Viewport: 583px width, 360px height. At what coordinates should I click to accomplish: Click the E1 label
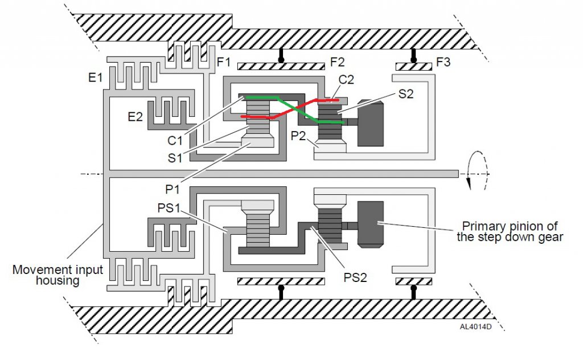[95, 77]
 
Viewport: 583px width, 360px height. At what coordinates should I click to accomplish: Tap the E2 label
[135, 117]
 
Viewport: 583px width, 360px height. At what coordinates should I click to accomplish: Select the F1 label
[224, 62]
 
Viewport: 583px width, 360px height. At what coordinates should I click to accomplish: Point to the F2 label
[337, 62]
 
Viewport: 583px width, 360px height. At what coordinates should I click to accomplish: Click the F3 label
[443, 62]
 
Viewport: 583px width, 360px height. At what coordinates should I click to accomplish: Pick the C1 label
[175, 141]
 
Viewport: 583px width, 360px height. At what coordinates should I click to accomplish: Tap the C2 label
[346, 80]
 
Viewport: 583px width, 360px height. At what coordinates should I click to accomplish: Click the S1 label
[175, 158]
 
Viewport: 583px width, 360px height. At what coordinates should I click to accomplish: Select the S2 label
[405, 94]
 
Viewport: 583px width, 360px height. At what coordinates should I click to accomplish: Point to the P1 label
[173, 189]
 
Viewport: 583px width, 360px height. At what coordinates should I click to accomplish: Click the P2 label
[298, 136]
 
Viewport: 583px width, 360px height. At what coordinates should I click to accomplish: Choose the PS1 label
[169, 208]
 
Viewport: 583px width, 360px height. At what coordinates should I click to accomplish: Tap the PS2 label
[355, 277]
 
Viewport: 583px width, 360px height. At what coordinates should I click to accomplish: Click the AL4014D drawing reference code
[475, 327]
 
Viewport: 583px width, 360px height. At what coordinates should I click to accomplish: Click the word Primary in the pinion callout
[484, 226]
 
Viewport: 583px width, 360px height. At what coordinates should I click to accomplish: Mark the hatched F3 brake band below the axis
[414, 281]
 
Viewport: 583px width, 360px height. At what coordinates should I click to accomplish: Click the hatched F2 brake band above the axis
[281, 67]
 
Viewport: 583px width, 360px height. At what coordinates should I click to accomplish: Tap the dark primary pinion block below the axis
[370, 224]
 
